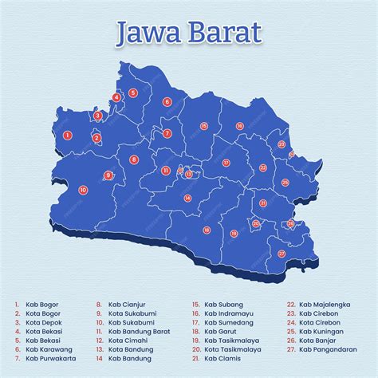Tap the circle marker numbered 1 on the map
point(68,136)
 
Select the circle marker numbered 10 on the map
point(84,191)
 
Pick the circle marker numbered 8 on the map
point(134,159)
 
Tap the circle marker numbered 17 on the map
point(226,163)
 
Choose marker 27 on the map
point(282,254)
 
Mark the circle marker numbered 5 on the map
point(132,93)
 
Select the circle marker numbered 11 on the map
point(165,170)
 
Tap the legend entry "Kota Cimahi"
point(128,340)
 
